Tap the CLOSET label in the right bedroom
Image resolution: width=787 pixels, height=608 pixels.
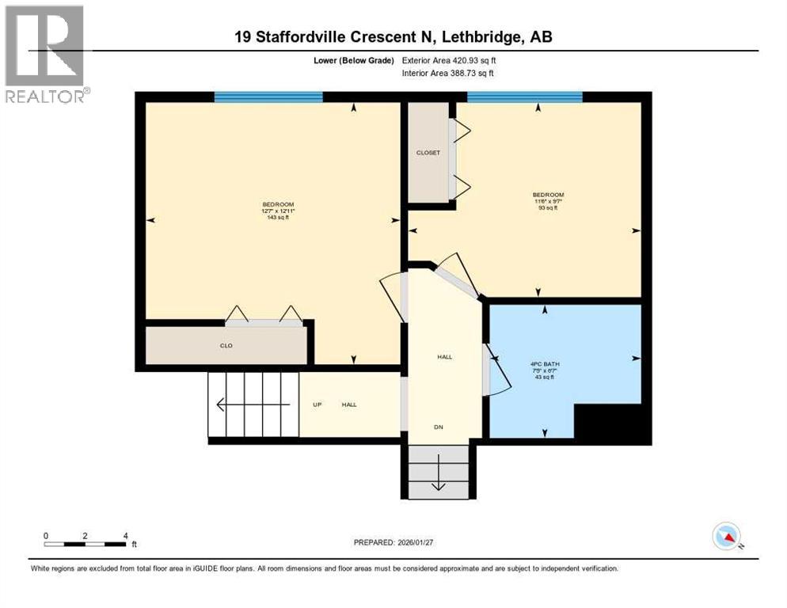pos(428,153)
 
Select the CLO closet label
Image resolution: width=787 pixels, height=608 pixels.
pos(226,346)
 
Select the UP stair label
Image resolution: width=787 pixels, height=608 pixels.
pos(317,405)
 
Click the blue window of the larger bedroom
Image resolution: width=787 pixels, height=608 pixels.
pos(268,97)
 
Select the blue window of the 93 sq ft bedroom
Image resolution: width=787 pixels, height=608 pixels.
pos(524,97)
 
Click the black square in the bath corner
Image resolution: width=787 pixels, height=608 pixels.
pos(610,424)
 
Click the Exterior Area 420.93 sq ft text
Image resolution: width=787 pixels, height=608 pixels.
pos(449,60)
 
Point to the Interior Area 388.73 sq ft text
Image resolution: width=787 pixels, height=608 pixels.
pos(449,73)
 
